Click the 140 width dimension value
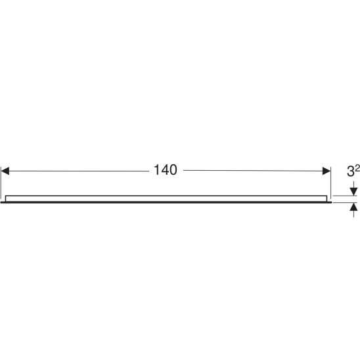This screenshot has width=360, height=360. pyautogui.click(x=166, y=170)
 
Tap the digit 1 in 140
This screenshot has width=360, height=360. pyautogui.click(x=157, y=170)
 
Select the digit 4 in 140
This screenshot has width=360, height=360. pyautogui.click(x=165, y=170)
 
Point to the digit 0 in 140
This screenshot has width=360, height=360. pyautogui.click(x=173, y=170)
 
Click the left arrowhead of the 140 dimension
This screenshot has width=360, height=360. pyautogui.click(x=5, y=171)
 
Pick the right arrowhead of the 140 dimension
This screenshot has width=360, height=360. pyautogui.click(x=326, y=171)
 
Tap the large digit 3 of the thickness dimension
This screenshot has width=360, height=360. pyautogui.click(x=351, y=171)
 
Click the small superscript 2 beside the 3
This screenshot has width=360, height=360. pyautogui.click(x=357, y=169)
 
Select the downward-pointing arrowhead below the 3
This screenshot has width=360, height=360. pyautogui.click(x=353, y=192)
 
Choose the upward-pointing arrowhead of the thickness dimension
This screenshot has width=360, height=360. pyautogui.click(x=353, y=207)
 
